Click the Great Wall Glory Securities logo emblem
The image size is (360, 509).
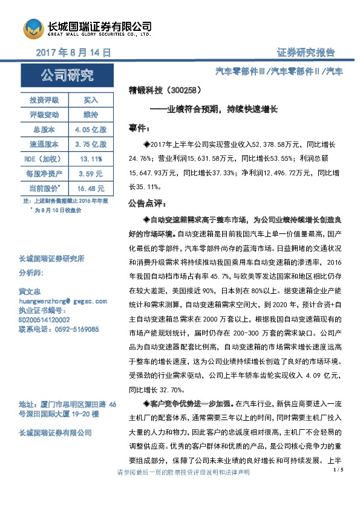(x=34, y=28)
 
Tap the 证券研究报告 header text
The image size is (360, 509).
(x=306, y=53)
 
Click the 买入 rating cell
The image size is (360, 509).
(x=90, y=99)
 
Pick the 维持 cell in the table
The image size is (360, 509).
(x=90, y=114)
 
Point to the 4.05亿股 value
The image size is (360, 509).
(x=90, y=129)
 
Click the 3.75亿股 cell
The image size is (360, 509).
(x=90, y=144)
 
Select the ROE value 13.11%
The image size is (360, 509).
(x=90, y=159)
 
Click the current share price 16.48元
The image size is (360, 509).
(x=90, y=189)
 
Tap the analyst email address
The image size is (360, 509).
(x=63, y=300)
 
